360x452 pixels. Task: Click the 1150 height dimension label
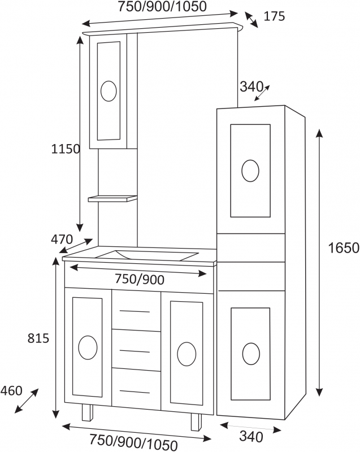coord(66,149)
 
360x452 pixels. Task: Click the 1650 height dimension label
coord(344,247)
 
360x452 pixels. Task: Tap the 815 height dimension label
coord(38,338)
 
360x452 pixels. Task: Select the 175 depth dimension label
coord(274,16)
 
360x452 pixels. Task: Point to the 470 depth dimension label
coord(62,239)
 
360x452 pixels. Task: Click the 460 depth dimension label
coord(11,390)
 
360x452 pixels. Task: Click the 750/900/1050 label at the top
coord(162,7)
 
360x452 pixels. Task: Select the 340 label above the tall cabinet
coord(251,86)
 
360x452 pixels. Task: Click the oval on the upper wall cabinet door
coord(109,91)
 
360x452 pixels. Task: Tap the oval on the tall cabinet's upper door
coord(250,171)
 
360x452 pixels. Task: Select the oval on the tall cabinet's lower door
coord(251,354)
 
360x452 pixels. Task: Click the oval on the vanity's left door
coord(88,347)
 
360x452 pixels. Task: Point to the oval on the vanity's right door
coord(186,353)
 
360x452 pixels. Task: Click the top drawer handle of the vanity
coord(136,311)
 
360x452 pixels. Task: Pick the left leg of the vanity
coord(88,414)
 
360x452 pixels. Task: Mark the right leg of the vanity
coord(196,421)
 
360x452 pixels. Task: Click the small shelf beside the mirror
coord(112,199)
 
